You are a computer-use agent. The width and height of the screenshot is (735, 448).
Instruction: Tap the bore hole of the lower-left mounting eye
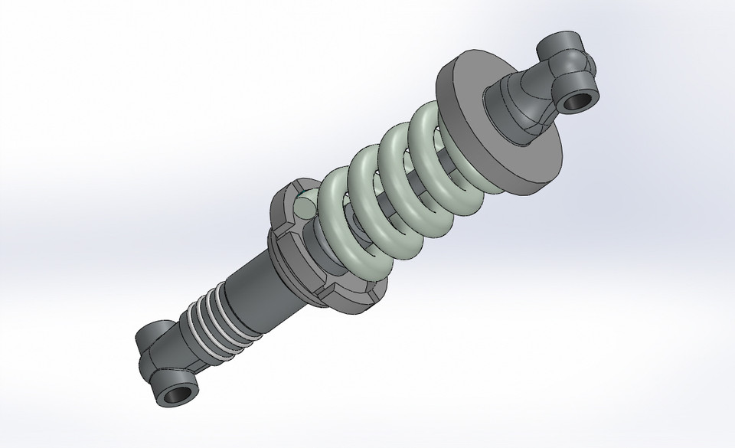[x=177, y=396]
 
